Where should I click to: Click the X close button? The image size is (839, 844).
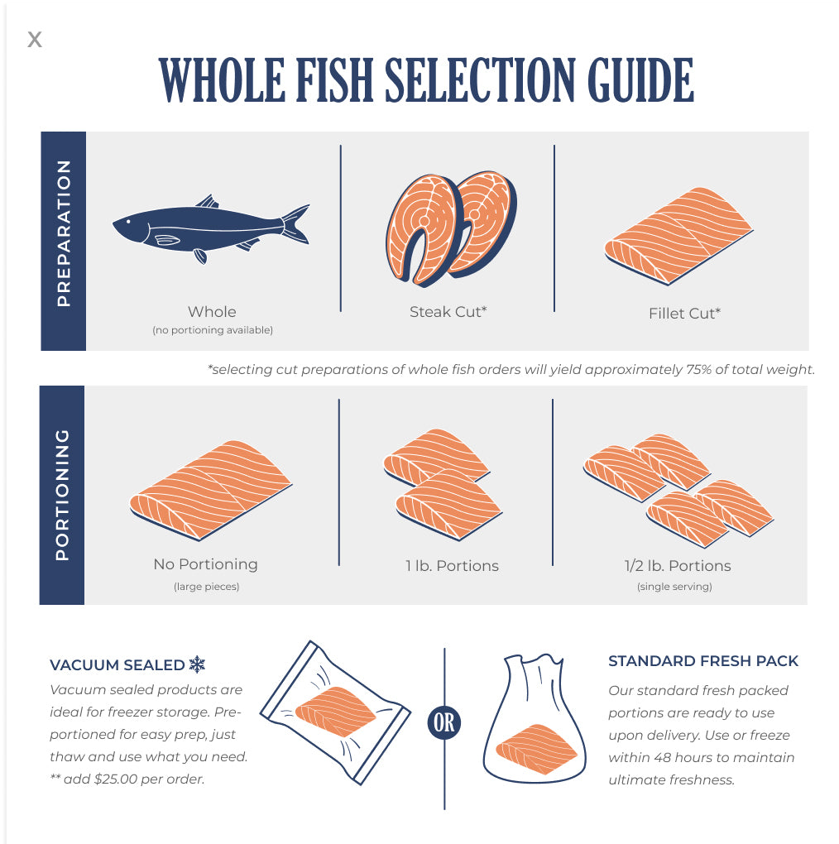(35, 39)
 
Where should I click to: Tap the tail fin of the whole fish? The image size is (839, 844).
(296, 224)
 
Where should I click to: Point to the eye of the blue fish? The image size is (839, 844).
(128, 221)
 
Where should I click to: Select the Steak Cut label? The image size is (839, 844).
(448, 312)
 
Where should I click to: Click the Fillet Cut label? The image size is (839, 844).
(684, 314)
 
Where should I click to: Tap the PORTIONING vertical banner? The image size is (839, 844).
(62, 495)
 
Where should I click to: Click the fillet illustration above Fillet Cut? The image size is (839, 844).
(678, 236)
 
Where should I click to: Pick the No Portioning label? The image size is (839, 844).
(205, 564)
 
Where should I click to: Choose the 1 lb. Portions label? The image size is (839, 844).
(452, 566)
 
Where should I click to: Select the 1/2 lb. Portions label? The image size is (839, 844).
(678, 566)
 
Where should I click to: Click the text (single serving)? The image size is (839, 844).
(674, 586)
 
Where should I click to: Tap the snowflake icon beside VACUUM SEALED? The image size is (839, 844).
(197, 664)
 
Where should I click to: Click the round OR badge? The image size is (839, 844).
(444, 722)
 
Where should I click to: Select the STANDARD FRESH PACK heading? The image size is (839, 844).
(702, 661)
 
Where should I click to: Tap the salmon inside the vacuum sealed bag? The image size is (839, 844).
(336, 712)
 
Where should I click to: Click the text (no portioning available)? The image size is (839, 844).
(213, 330)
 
